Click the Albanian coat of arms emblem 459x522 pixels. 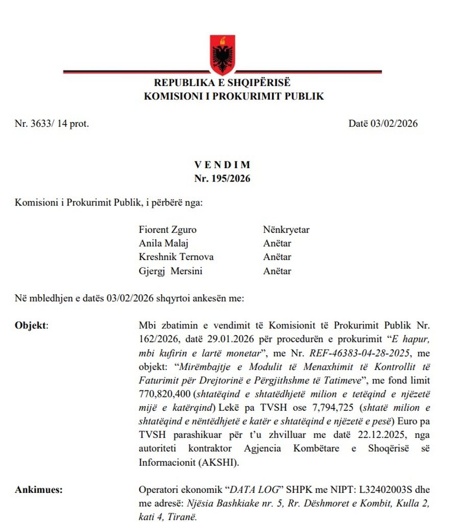(x=222, y=54)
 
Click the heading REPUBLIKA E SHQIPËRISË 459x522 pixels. (x=222, y=83)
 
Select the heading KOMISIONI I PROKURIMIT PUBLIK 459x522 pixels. (x=234, y=96)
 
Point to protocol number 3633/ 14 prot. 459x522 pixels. (x=52, y=123)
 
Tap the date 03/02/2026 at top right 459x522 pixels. (x=383, y=123)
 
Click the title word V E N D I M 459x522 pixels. (x=222, y=165)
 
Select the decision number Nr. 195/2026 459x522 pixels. (x=222, y=178)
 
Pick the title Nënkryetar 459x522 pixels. (x=286, y=230)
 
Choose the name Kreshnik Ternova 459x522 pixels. (x=176, y=257)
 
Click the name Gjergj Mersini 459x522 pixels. (x=170, y=271)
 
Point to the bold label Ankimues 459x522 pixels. (x=38, y=490)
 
